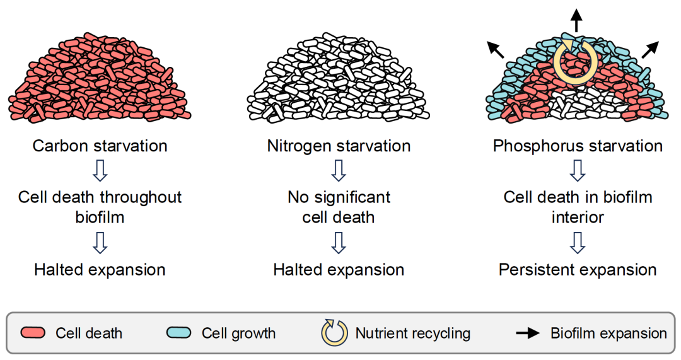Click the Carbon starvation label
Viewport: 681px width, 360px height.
pos(100,146)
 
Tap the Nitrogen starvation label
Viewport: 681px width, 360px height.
pos(339,146)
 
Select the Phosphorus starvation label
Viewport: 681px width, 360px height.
pos(578,146)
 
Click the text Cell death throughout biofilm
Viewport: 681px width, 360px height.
pos(100,207)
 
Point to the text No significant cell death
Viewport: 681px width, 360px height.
pos(339,207)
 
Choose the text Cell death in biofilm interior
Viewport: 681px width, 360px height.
pos(578,207)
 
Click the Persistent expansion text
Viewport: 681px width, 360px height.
pos(578,270)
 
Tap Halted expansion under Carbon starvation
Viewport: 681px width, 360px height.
pos(100,270)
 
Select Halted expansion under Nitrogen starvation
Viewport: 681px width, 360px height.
pos(339,270)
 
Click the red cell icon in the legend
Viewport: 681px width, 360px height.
pos(33,333)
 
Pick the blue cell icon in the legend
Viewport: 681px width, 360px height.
pos(178,333)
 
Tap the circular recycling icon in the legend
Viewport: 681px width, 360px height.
pos(334,333)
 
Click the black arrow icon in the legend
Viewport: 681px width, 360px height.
pos(528,333)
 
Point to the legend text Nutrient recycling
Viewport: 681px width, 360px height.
pos(413,333)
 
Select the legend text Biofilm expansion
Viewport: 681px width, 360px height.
pos(608,333)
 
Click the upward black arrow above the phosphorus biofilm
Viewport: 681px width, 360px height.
pos(576,20)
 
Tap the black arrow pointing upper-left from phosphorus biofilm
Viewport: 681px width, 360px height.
pos(496,50)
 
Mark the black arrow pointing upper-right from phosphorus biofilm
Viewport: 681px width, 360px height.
pos(650,50)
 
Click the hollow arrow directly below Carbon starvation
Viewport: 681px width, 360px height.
pos(100,171)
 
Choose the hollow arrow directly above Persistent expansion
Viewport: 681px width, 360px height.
pos(578,243)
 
